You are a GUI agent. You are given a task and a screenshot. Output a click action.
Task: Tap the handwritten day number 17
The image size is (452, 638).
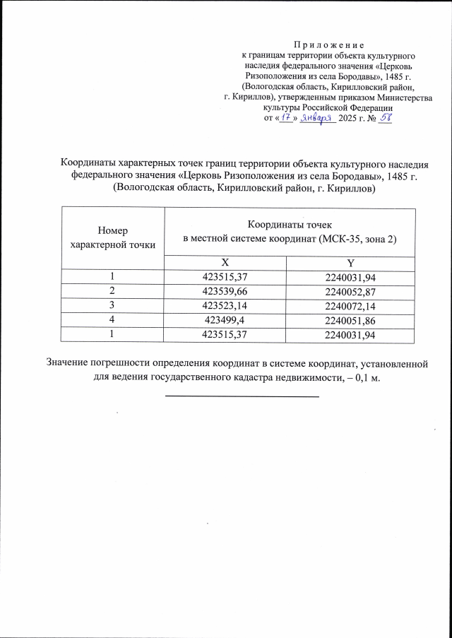point(286,118)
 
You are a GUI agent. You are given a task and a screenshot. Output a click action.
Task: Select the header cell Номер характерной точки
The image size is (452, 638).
point(113,237)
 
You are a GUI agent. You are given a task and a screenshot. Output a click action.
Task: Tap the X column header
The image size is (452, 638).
point(225,261)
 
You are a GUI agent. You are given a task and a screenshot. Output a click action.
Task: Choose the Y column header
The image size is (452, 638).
point(350,261)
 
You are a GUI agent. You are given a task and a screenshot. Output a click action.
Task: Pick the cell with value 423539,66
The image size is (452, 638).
point(225,291)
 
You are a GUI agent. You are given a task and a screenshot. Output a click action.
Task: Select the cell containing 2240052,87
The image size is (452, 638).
point(350,291)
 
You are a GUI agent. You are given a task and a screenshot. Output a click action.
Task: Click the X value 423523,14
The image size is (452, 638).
point(225,305)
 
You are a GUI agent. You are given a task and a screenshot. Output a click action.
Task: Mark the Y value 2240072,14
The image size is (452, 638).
point(350,305)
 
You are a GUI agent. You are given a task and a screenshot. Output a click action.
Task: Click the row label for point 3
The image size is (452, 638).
point(113,305)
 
